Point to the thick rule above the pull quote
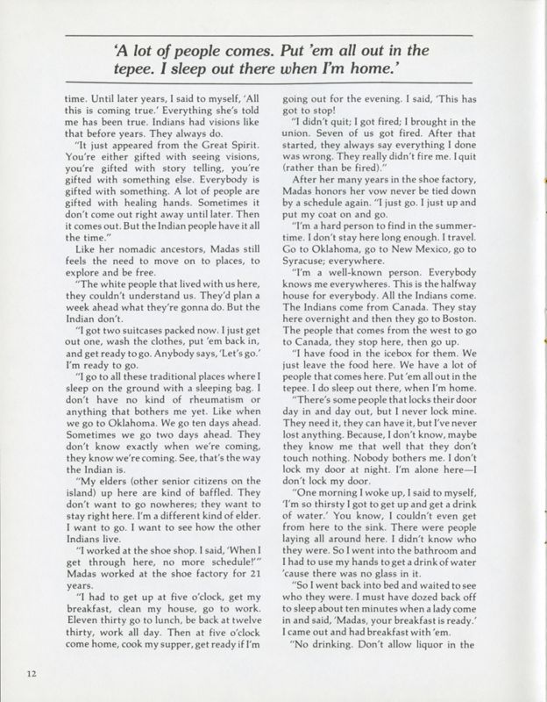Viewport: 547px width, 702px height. click(273, 33)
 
